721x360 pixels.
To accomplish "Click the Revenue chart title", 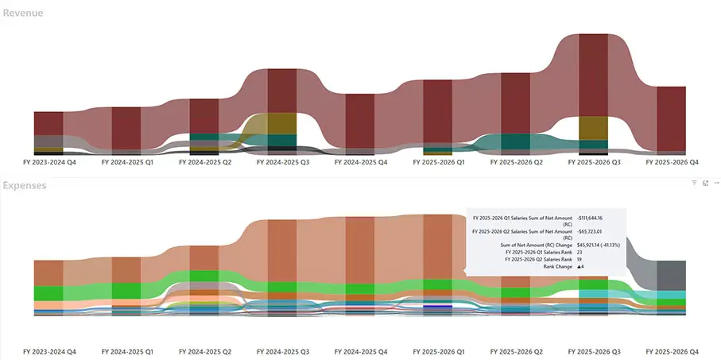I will point(22,14).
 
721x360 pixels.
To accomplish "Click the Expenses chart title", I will point(25,185).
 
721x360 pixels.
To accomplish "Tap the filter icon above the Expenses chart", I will point(693,183).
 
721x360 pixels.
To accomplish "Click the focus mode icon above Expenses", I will point(705,183).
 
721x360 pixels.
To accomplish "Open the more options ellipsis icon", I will point(716,183).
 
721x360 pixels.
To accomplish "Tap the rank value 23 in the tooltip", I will point(579,253).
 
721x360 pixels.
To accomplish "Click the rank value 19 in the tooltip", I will point(579,259).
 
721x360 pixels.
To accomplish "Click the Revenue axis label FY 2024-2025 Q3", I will point(282,161).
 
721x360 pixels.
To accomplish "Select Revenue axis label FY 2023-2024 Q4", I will point(49,161).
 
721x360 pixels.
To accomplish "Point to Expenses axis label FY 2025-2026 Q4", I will point(672,350).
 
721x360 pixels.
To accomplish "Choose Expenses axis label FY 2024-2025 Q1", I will point(127,350).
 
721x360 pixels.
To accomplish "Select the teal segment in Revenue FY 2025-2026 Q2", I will point(516,141).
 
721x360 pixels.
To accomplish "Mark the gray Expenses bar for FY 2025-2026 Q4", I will point(672,274).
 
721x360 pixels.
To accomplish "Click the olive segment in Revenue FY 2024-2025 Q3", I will point(282,124).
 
